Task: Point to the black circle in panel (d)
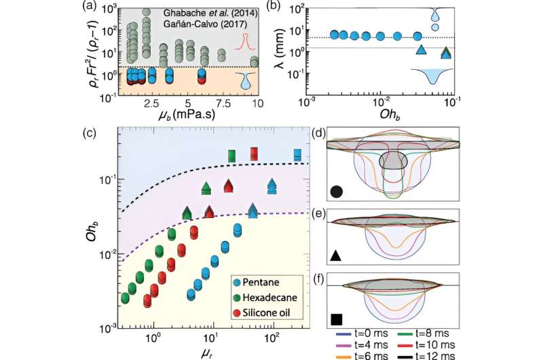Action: pyautogui.click(x=337, y=191)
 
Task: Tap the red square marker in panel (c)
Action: pyautogui.click(x=255, y=153)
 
